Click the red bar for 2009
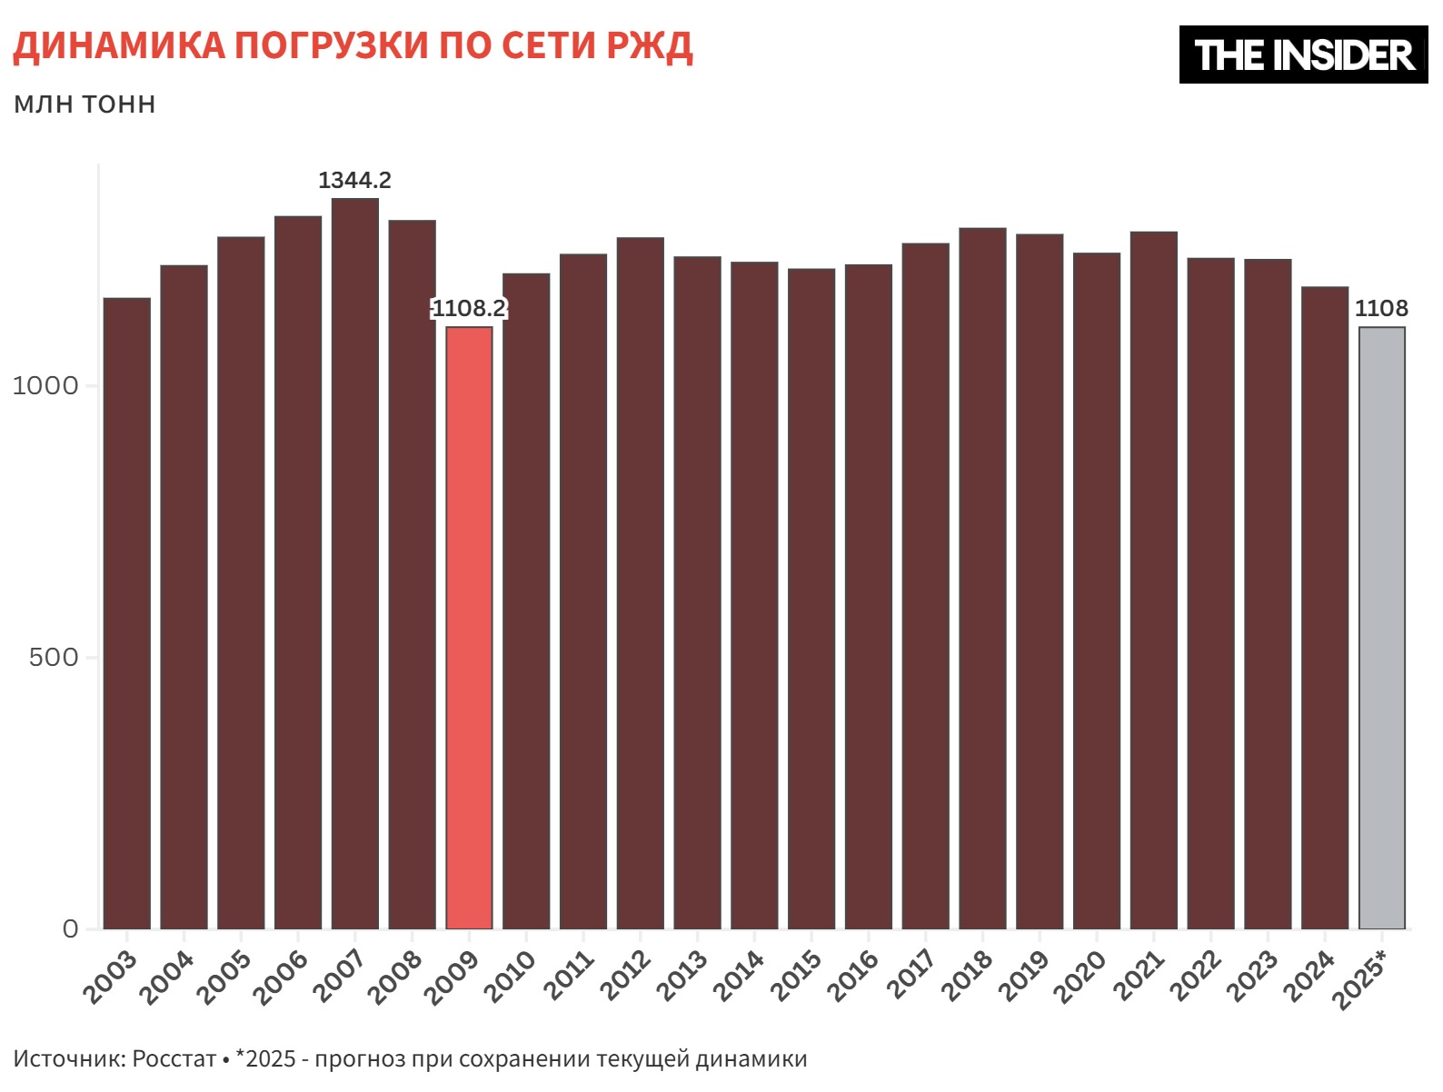click(469, 627)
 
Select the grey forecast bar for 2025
click(1381, 627)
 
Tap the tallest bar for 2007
click(354, 563)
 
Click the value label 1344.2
click(354, 180)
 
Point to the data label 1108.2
click(469, 309)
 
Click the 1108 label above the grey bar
click(1381, 309)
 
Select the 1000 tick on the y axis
click(45, 385)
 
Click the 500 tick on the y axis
click(54, 657)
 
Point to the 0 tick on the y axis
click(70, 928)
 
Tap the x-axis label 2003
click(111, 977)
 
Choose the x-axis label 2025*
click(1360, 979)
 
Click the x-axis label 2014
click(739, 977)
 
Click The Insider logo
click(1303, 55)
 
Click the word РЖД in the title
click(649, 45)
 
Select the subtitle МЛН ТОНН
click(85, 104)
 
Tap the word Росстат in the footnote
click(174, 1058)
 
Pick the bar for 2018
click(982, 581)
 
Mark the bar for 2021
click(1153, 581)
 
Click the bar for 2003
click(127, 613)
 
